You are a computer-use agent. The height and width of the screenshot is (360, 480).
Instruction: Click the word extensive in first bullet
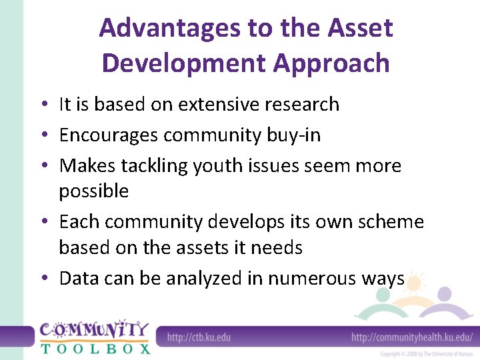[217, 105]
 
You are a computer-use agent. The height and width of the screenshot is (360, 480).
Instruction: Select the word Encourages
[109, 135]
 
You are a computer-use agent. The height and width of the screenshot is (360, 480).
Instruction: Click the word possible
[93, 191]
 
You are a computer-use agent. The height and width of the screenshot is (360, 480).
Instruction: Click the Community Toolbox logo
[93, 337]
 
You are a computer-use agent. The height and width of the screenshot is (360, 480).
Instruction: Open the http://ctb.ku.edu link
[199, 337]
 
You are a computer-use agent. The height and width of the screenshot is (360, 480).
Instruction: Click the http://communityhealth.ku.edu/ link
[412, 337]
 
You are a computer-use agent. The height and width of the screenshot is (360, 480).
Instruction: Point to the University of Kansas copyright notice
[426, 354]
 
